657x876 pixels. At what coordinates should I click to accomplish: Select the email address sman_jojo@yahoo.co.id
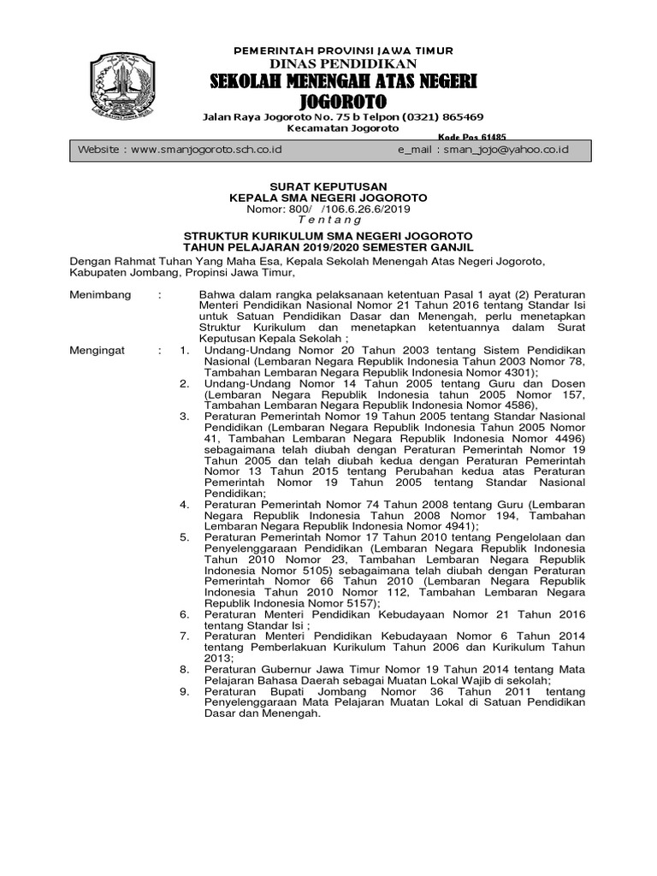(x=502, y=150)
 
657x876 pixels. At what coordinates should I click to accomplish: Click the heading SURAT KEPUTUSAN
(x=328, y=186)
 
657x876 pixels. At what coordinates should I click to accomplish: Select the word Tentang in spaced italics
(x=328, y=220)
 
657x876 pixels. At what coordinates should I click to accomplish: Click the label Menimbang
(x=100, y=295)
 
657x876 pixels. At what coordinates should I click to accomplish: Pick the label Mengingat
(x=98, y=351)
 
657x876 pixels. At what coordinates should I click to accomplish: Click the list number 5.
(x=184, y=537)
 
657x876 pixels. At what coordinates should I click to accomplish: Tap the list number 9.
(x=184, y=691)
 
